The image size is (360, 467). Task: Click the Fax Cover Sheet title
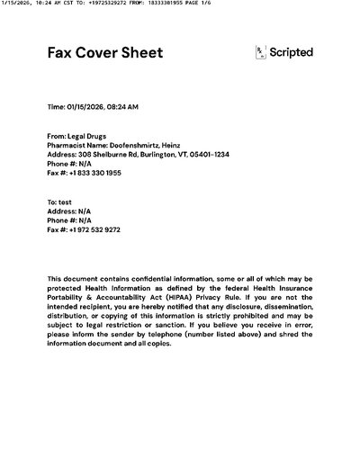tap(105, 53)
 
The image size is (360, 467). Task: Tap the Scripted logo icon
tap(262, 53)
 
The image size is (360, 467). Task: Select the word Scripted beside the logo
tap(292, 53)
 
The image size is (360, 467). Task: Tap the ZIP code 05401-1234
tap(211, 154)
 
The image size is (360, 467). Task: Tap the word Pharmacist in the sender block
tap(66, 145)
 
